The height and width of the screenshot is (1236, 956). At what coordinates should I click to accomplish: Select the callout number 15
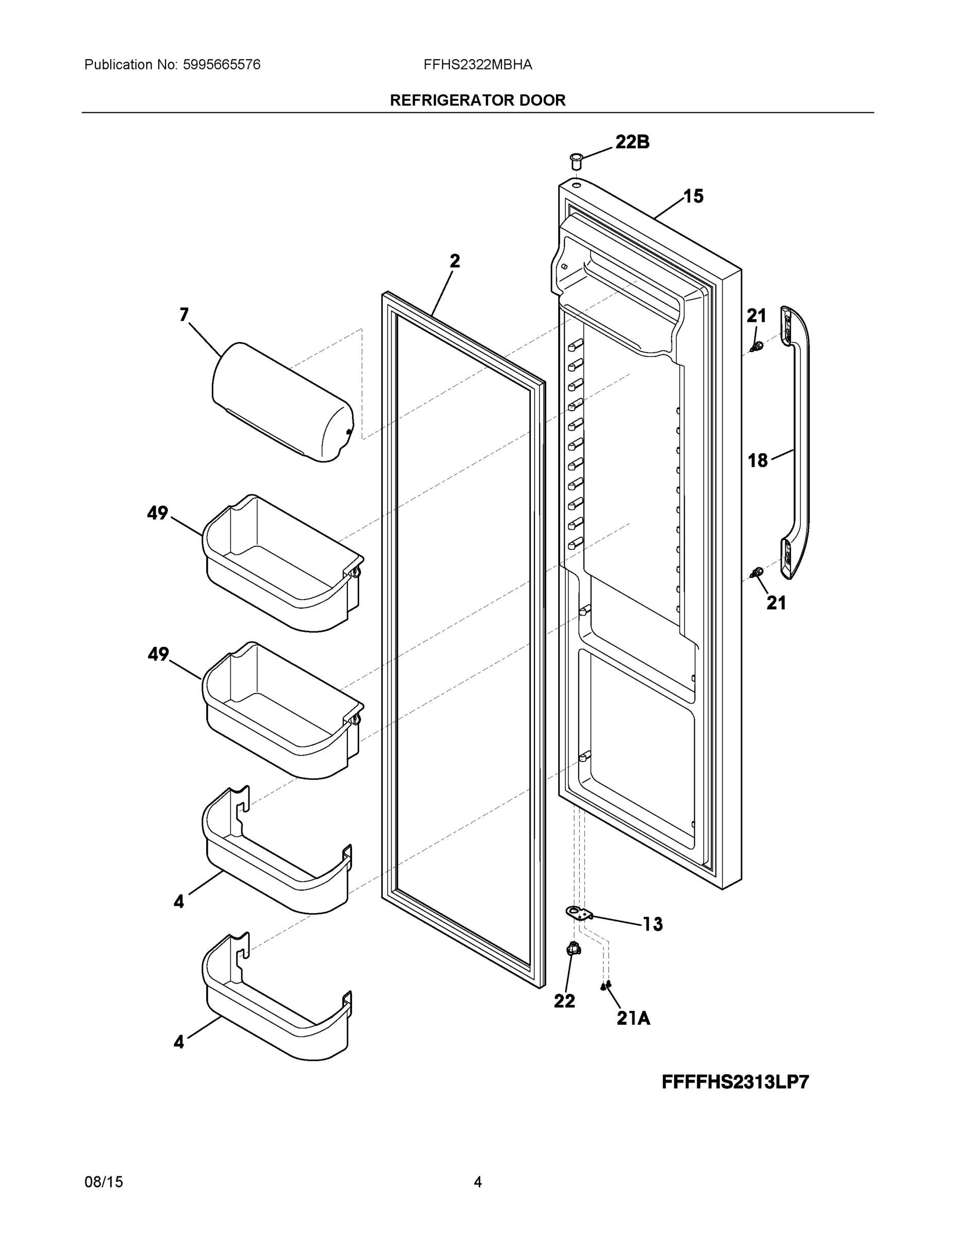(x=693, y=196)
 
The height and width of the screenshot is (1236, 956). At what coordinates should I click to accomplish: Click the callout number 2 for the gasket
(x=455, y=261)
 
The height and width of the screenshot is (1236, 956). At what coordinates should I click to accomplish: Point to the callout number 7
(x=184, y=315)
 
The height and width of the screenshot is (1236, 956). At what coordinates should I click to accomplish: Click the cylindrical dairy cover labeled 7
(x=282, y=402)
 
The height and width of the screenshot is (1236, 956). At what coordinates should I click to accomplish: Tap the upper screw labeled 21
(x=755, y=347)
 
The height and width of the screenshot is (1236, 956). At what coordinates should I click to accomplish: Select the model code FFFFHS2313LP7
(x=735, y=1082)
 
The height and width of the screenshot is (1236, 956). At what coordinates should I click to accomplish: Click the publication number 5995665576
(x=222, y=65)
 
